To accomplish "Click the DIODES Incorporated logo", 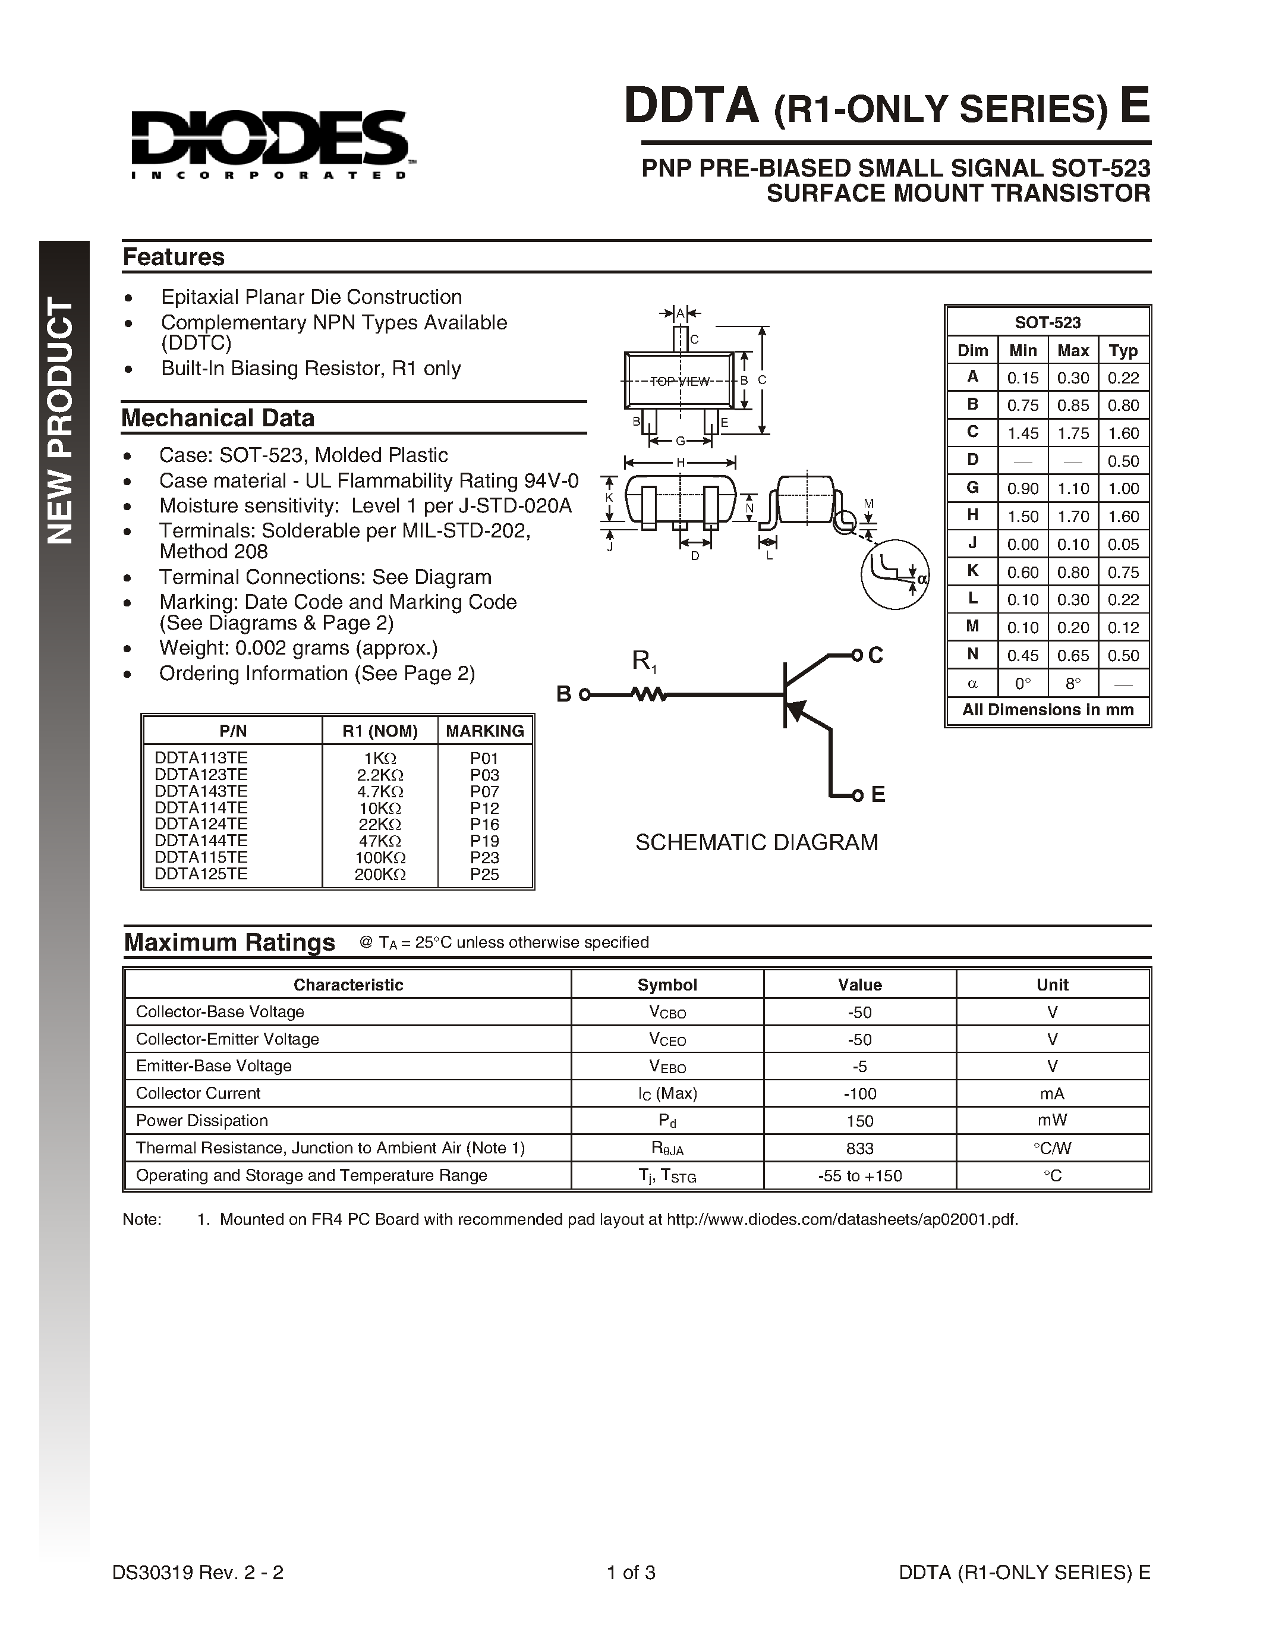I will coord(269,144).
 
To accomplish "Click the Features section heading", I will coord(174,257).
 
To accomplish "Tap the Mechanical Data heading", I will coord(218,418).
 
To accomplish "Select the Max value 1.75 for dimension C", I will coord(1073,433).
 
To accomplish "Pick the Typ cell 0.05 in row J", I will coord(1123,544).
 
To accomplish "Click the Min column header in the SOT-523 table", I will coord(1023,350).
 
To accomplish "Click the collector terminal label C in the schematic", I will coord(875,656).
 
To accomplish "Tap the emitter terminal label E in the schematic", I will coord(878,794).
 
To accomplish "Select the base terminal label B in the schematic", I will coord(563,694).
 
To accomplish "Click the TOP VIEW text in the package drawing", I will coord(679,382).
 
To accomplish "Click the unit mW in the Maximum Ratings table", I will coord(1052,1121).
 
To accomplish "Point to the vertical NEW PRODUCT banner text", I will coord(61,419).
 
